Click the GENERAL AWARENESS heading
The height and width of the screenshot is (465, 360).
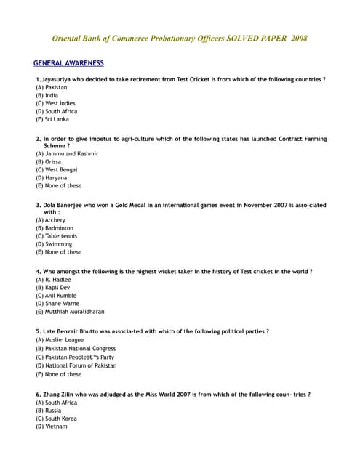(68, 63)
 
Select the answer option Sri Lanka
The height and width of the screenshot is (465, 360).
(55, 119)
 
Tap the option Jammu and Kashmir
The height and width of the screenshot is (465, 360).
(71, 153)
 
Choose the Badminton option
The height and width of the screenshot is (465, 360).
(59, 228)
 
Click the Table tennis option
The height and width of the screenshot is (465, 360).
(60, 236)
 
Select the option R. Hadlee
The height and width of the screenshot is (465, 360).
(57, 279)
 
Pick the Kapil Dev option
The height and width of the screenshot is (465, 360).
(57, 287)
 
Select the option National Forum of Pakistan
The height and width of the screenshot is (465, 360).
(80, 365)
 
